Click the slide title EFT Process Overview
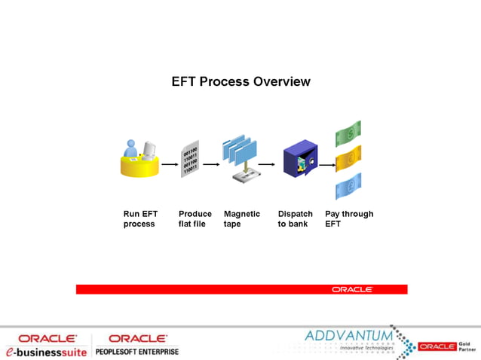[x=240, y=81]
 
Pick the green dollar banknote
[x=348, y=135]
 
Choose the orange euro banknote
[x=348, y=160]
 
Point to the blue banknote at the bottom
[x=348, y=185]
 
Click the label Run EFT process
[x=139, y=218]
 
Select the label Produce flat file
[x=195, y=218]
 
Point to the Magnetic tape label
[x=242, y=218]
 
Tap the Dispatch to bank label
[x=295, y=218]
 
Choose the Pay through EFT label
[x=349, y=218]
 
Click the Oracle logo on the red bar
[x=352, y=289]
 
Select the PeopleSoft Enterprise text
[x=137, y=351]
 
